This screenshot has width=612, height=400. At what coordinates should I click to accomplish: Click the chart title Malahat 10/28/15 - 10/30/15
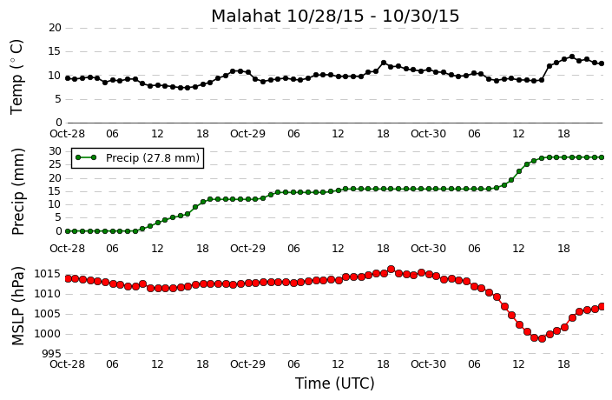pos(335,16)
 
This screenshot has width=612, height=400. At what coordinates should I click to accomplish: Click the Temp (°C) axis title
pos(16,77)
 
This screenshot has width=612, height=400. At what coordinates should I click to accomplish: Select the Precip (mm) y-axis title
pos(17,191)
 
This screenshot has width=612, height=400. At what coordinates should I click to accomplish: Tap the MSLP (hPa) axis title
pos(17,306)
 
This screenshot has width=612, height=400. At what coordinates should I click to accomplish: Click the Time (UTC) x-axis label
pos(334,383)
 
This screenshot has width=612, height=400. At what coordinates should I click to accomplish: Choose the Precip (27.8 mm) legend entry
pos(137,158)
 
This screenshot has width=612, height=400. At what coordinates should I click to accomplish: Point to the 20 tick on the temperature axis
pos(56,28)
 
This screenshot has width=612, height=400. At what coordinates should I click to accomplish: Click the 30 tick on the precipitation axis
pos(56,151)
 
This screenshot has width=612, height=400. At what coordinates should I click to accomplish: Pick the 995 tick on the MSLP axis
pos(52,354)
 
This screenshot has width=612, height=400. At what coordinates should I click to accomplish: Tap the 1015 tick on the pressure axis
pos(48,274)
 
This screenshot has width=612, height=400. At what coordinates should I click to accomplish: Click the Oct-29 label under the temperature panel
pos(247,134)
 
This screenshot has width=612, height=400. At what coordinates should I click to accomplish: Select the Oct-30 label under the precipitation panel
pos(428,249)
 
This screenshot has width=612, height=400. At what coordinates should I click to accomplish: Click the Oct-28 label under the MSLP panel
pos(67,364)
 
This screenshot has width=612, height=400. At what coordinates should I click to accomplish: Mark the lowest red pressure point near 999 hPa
pos(542,338)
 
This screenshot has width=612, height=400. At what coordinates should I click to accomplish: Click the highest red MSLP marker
pos(392,269)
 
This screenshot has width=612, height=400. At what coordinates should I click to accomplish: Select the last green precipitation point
pos(602,157)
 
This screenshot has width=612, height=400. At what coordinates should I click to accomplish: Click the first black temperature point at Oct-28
pos(68,78)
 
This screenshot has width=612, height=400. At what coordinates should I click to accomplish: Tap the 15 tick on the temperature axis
pos(56,51)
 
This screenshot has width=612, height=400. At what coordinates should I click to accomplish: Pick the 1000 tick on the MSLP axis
pos(48,334)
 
